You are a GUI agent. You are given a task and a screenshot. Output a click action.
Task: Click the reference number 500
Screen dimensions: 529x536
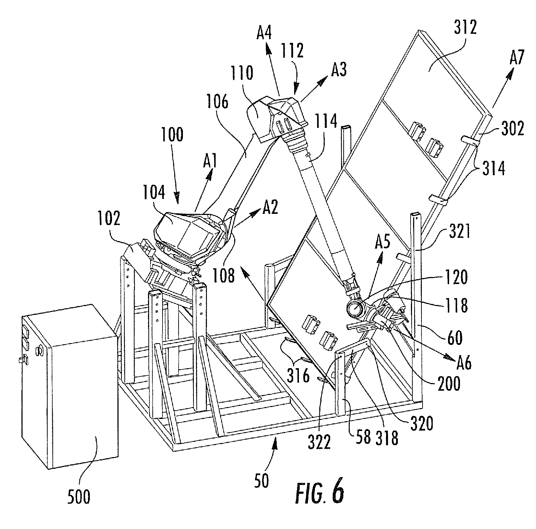point(79,496)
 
